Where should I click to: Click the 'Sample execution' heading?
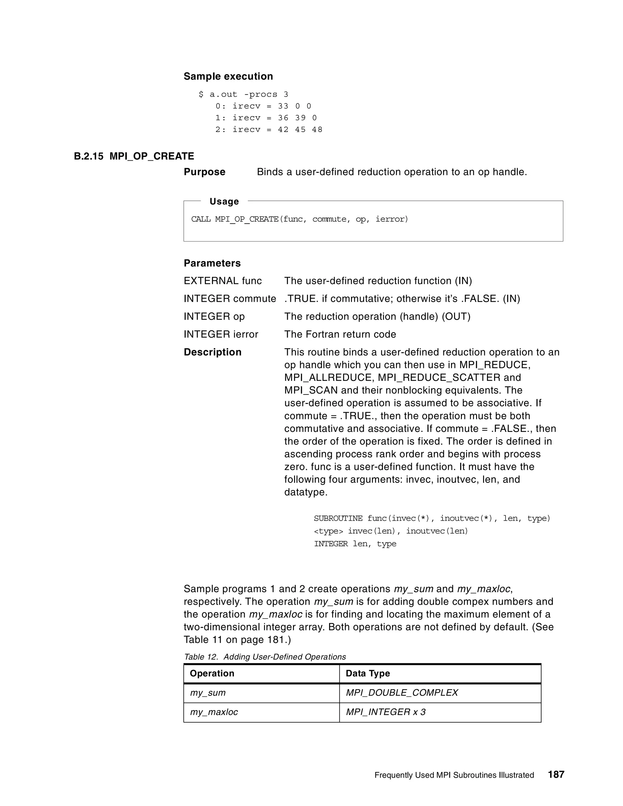click(228, 76)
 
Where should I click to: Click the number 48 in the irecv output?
click(317, 130)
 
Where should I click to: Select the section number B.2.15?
click(89, 156)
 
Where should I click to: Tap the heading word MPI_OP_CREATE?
click(152, 156)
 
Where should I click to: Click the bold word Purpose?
click(204, 172)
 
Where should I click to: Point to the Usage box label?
click(224, 201)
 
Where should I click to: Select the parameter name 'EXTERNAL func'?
click(223, 281)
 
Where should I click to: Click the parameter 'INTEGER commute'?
click(230, 299)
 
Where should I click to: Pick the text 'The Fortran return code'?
click(340, 334)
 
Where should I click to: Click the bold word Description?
click(213, 352)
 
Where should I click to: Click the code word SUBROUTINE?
click(338, 519)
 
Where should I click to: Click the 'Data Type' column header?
click(367, 673)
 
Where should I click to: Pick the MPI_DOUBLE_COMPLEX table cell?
click(402, 693)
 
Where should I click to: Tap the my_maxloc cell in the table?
click(214, 712)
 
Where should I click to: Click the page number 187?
click(556, 774)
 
